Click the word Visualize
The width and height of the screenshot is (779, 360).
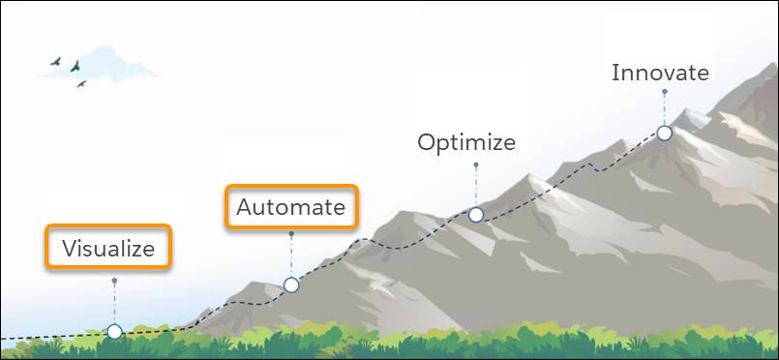tap(108, 248)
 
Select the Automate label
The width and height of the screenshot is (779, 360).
tap(290, 207)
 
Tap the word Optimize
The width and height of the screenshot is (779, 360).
tap(466, 142)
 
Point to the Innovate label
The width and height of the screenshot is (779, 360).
tap(660, 73)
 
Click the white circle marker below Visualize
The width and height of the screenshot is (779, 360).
tap(114, 331)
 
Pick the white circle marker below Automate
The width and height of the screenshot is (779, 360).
tap(291, 285)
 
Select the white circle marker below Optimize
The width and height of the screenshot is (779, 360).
tap(476, 215)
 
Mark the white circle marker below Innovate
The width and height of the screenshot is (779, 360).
tap(664, 133)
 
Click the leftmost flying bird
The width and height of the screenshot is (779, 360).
tap(55, 61)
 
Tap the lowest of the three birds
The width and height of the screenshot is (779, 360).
tap(81, 84)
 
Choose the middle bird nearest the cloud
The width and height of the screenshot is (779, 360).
tap(75, 66)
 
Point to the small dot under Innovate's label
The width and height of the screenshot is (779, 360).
tap(665, 92)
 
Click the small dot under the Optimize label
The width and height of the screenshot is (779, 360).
tap(476, 164)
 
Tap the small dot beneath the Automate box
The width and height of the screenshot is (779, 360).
tap(291, 233)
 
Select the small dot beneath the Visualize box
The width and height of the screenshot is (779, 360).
tap(114, 281)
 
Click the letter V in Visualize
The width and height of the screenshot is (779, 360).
tap(69, 248)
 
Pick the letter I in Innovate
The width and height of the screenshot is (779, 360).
tap(614, 73)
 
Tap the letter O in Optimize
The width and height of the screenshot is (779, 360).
tap(427, 142)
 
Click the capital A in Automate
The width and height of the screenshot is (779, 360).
tap(245, 207)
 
